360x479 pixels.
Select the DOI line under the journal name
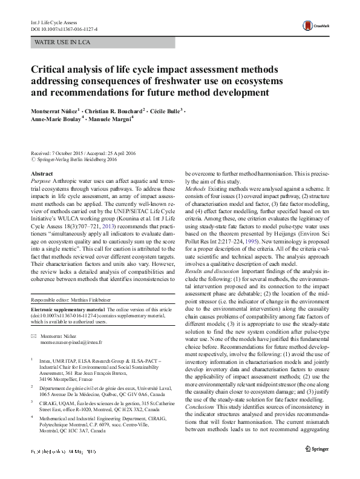(x=64, y=28)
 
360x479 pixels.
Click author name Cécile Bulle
(x=164, y=112)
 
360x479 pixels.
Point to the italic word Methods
(x=196, y=188)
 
